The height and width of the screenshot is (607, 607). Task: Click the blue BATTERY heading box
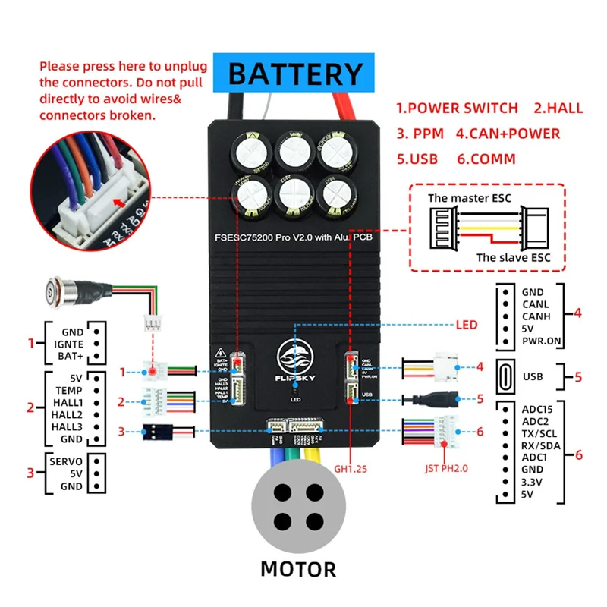(x=296, y=74)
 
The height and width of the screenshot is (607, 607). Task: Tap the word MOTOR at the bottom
(x=297, y=568)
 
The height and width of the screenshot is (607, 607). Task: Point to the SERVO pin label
(x=67, y=461)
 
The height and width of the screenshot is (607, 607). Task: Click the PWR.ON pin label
(x=542, y=341)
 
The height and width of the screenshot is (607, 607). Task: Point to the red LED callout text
(x=467, y=325)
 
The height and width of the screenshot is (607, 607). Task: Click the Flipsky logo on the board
(x=295, y=359)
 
